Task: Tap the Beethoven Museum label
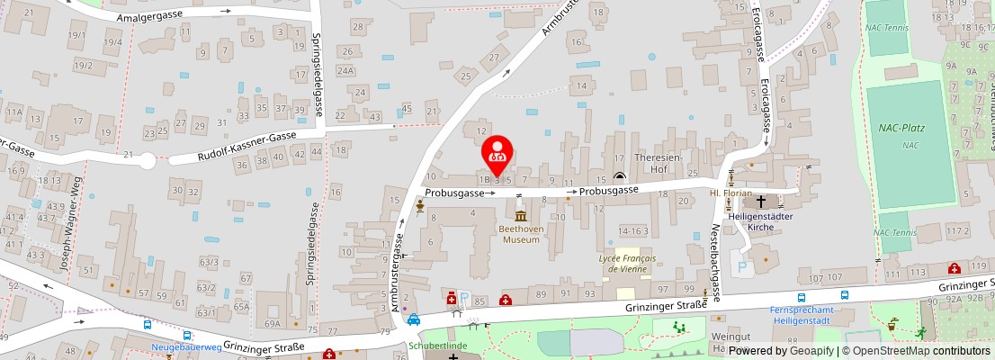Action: [520, 234]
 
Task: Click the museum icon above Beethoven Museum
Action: [520, 215]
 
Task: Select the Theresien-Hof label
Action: [661, 161]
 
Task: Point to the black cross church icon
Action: [761, 201]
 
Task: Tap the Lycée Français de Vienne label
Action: [625, 263]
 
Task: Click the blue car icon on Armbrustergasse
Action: [413, 319]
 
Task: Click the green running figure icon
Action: [920, 332]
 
